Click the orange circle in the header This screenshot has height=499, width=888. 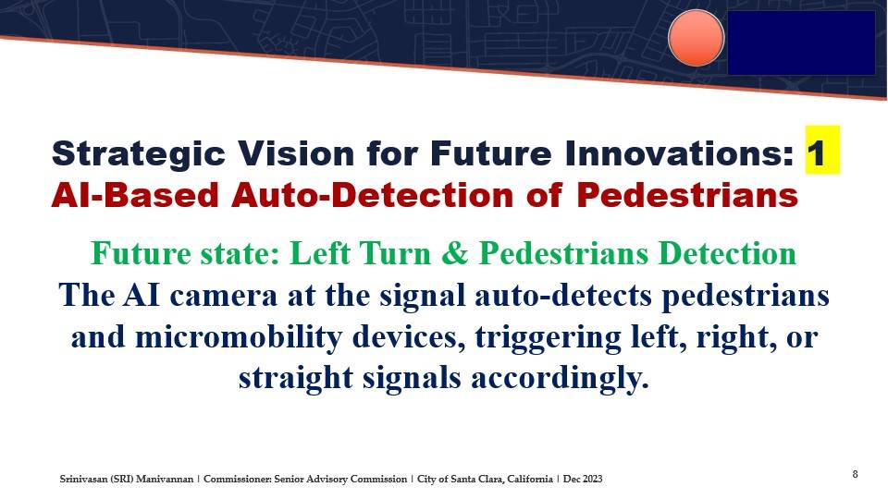696,38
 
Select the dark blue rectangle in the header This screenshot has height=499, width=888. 801,43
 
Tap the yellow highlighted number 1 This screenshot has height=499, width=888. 822,150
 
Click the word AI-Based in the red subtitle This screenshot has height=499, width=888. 135,195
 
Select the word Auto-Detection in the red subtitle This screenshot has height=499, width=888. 372,195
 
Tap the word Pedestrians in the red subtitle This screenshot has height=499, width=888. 687,195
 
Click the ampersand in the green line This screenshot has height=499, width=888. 455,253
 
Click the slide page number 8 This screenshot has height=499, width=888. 855,474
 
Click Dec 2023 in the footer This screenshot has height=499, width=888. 583,480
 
